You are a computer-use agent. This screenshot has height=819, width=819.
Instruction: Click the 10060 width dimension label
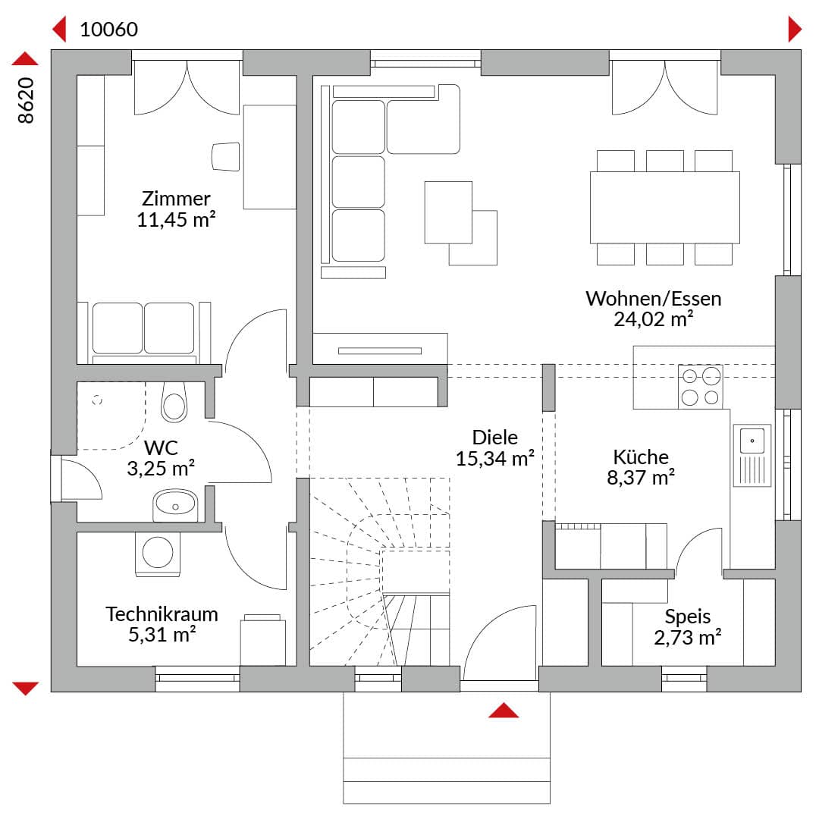108,30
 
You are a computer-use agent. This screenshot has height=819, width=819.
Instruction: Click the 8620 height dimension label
26,101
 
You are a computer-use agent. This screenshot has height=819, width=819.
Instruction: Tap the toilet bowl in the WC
174,402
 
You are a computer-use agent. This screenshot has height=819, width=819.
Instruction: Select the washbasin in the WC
175,504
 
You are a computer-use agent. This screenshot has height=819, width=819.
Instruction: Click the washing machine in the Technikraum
158,553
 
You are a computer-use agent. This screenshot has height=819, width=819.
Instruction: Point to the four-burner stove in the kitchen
701,387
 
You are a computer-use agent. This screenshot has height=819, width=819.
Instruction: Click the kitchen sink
752,455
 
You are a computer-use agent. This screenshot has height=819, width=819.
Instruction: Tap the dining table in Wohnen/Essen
664,207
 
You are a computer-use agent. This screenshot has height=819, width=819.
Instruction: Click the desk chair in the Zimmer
226,156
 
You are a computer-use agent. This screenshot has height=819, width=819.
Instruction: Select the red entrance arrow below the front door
504,711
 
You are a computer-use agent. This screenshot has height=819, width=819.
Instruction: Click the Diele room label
494,438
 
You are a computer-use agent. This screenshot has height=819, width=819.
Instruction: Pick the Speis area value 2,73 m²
687,637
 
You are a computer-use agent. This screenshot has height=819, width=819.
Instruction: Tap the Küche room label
641,457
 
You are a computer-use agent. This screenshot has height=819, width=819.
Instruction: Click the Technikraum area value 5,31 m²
162,634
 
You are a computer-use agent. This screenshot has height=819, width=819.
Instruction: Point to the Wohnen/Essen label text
654,299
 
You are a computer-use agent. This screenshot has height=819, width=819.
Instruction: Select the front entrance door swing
500,643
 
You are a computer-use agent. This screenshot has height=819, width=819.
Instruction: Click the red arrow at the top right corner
795,29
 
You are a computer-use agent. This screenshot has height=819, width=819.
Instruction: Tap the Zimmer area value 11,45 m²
176,219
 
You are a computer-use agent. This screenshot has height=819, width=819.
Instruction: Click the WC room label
161,447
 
